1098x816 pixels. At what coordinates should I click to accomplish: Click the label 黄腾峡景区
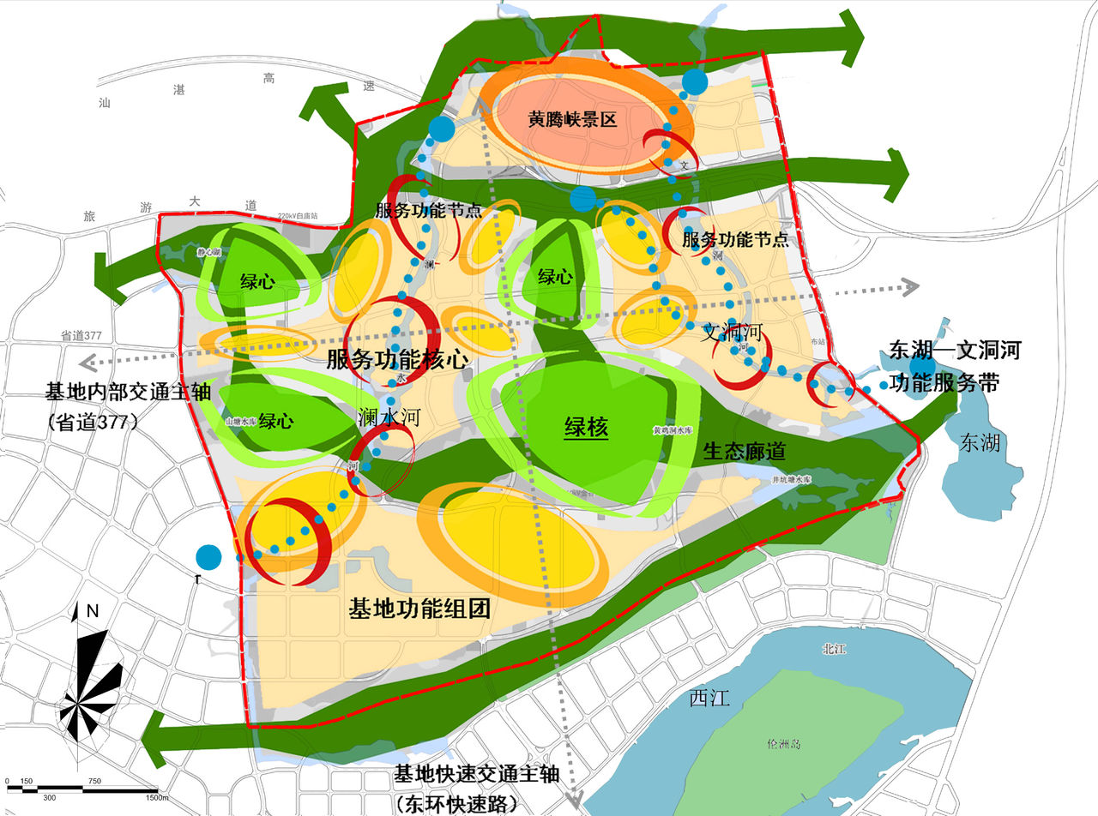point(572,120)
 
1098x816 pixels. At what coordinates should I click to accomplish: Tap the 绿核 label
point(586,426)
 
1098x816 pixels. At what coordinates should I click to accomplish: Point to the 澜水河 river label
point(389,418)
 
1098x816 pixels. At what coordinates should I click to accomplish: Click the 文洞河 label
point(733,332)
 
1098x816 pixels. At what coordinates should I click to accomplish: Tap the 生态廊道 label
point(743,450)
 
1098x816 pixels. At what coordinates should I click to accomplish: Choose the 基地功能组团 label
point(419,610)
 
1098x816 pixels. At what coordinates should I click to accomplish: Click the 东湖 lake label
point(980,442)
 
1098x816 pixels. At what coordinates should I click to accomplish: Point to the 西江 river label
point(709,699)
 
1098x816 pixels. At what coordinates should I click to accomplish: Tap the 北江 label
point(834,650)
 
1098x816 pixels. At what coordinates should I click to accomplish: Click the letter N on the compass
point(93,612)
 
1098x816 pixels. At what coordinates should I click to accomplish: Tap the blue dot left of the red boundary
point(208,557)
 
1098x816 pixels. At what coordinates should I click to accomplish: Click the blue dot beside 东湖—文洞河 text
point(923,366)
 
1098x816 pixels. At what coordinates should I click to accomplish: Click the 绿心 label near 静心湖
point(257,282)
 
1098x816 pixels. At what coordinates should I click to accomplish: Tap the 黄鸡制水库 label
point(673,431)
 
